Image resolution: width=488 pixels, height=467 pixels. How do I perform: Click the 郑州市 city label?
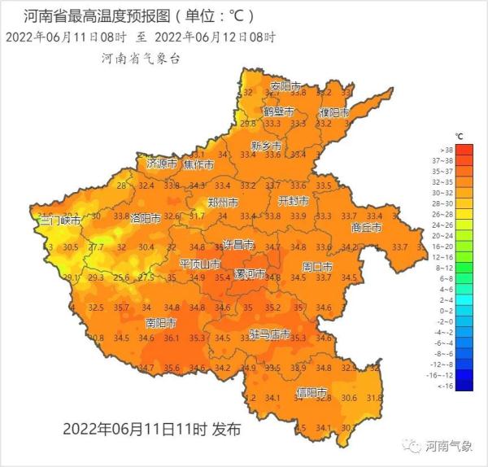click(x=223, y=202)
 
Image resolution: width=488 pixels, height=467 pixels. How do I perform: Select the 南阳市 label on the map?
click(x=161, y=323)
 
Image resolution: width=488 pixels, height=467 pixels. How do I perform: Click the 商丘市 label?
click(x=366, y=228)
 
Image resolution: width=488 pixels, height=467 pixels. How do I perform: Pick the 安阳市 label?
click(x=285, y=86)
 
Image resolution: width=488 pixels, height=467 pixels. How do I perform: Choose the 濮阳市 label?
click(x=333, y=111)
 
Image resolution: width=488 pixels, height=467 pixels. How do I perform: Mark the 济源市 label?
click(x=162, y=164)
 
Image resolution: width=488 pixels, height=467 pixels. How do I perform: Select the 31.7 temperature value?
click(x=197, y=216)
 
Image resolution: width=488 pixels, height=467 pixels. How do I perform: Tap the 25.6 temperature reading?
click(x=121, y=278)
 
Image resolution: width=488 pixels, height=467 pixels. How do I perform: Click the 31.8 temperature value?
click(x=374, y=398)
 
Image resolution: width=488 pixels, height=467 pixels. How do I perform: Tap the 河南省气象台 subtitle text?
click(x=140, y=59)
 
